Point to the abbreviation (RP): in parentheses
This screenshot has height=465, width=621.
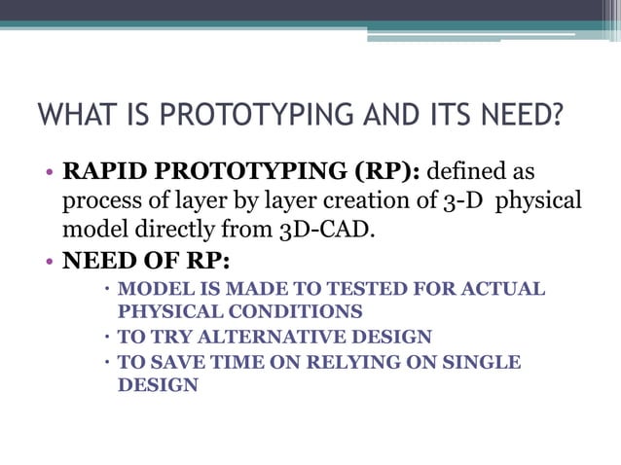(387, 172)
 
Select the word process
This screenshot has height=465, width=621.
(98, 201)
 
